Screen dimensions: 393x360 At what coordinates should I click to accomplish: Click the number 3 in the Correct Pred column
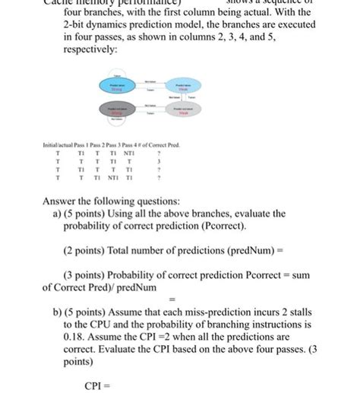[x=156, y=160]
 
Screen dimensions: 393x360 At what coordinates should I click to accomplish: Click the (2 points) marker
[x=84, y=249]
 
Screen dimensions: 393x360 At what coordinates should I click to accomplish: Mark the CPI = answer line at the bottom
[x=97, y=385]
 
